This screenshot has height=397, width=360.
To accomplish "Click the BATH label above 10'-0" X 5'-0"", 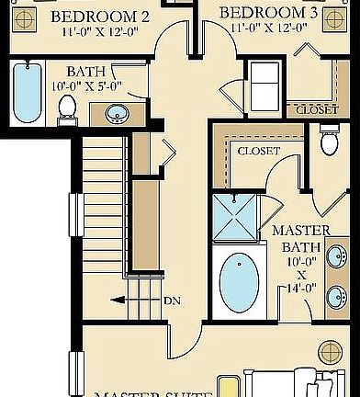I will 85,71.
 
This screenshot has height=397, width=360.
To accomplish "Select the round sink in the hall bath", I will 117,114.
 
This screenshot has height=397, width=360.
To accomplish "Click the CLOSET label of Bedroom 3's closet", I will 316,109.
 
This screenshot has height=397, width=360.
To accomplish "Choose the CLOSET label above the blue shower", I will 258,150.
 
